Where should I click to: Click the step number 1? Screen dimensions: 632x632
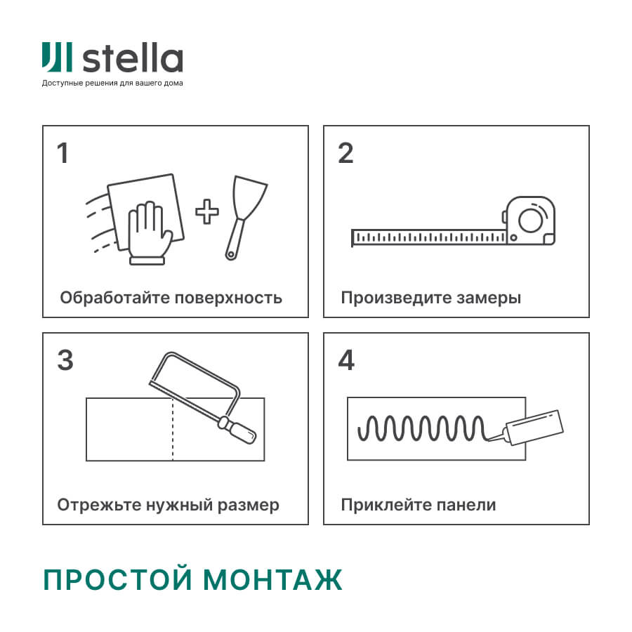[x=63, y=153]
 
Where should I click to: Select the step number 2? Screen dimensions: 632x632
[x=345, y=153]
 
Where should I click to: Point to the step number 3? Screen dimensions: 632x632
[x=65, y=360]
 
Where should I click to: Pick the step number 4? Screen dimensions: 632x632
[x=346, y=360]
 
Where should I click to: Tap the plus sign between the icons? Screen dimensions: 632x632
[x=206, y=211]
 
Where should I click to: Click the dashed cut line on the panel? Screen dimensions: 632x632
[x=173, y=430]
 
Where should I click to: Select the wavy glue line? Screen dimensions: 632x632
[x=421, y=426]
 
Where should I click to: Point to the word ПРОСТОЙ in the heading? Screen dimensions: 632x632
[x=116, y=580]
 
